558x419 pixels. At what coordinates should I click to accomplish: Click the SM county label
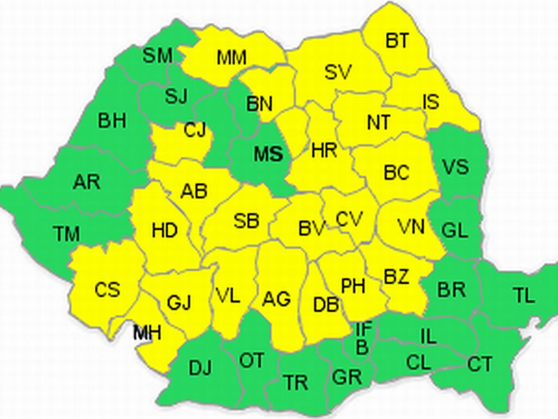coord(157,56)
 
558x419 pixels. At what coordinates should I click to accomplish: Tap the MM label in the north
coord(232,57)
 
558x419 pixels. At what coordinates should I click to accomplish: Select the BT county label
coord(397,41)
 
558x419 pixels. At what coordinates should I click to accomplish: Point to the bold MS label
coord(269,154)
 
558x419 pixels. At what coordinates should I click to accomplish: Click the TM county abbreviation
coord(66,234)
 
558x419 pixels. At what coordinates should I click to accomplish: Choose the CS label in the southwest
coord(107,290)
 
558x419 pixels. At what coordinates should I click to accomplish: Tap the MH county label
coord(147,332)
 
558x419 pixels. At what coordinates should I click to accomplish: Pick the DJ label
coord(200,368)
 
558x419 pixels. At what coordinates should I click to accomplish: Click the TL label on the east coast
coord(524,295)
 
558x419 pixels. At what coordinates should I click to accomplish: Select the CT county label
coord(480,364)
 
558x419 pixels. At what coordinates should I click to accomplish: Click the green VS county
coord(456,166)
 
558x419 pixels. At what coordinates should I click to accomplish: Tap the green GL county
coord(454,230)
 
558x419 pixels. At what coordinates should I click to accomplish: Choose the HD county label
coord(164,231)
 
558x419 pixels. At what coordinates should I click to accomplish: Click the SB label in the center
coord(246,221)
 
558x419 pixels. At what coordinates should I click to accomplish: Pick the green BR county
coord(451,290)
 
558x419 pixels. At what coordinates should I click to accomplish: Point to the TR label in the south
coord(295,383)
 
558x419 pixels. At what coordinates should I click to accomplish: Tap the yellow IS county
coord(431,101)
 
